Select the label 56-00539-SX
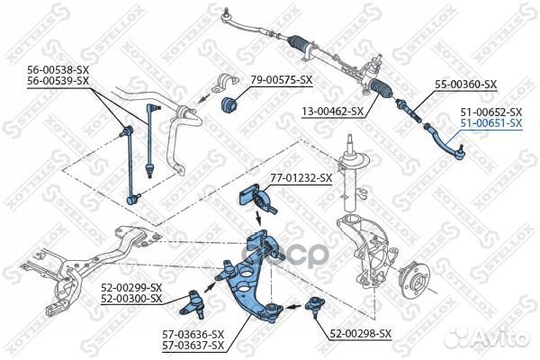click(58, 81)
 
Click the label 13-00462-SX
click(332, 112)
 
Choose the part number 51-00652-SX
click(490, 112)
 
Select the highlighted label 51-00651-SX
click(490, 123)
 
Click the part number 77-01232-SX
click(301, 178)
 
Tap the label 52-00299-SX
click(131, 288)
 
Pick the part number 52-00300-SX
click(131, 299)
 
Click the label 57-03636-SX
click(193, 336)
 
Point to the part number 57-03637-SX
click(193, 346)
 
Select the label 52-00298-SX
click(360, 333)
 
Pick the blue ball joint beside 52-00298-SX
click(316, 304)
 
